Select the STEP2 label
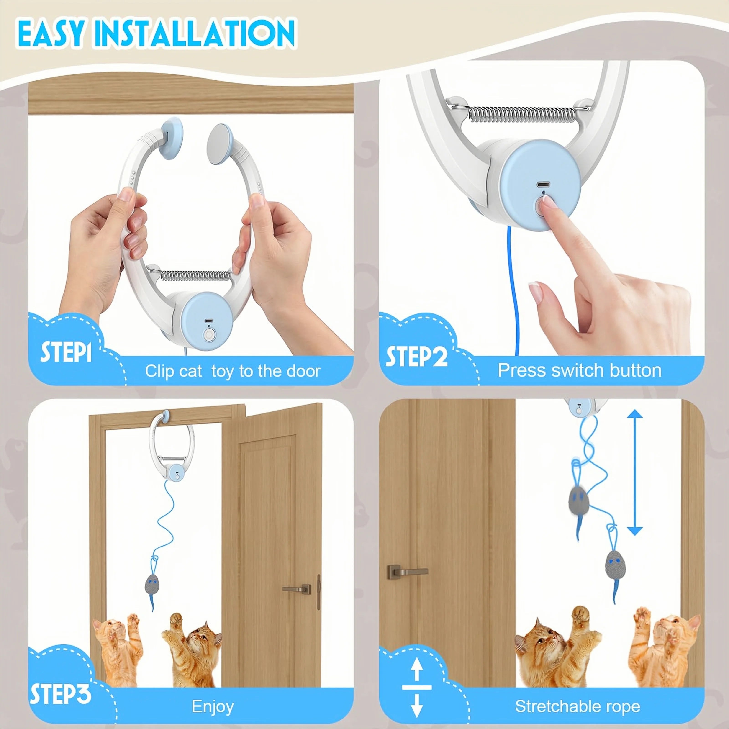click(x=416, y=356)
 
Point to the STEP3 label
click(x=60, y=693)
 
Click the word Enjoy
click(x=213, y=706)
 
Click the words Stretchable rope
click(x=577, y=706)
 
